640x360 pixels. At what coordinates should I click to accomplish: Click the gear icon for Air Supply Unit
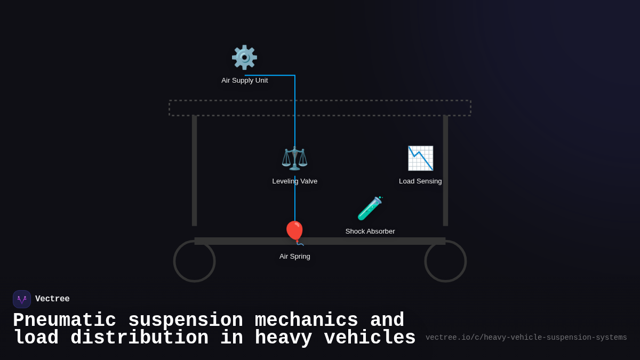244,58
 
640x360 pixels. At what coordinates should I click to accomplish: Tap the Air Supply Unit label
245,81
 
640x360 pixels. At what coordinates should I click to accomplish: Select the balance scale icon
294,158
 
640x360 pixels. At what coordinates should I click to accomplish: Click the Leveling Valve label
294,181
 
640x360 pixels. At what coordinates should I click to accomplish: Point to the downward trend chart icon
420,158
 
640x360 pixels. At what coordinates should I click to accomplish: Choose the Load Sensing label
420,181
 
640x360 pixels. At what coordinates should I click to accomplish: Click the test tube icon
370,209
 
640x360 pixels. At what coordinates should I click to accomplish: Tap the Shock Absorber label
370,231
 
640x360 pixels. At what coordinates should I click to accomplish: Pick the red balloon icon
294,232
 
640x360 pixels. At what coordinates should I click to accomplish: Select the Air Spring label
294,257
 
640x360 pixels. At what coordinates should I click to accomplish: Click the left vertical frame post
194,171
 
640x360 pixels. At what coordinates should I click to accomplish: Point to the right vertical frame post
445,171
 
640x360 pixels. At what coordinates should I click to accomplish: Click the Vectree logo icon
22,299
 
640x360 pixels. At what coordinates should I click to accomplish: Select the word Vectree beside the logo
52,299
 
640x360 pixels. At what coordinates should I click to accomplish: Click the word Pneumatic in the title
65,321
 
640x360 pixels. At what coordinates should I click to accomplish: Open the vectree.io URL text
526,338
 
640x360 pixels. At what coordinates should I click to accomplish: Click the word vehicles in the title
370,338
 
